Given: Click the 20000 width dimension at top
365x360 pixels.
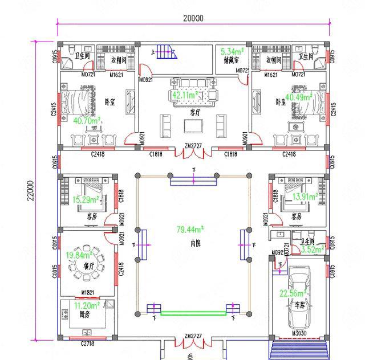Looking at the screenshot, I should tap(193, 18).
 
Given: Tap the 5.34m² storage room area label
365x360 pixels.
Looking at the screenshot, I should tap(232, 51).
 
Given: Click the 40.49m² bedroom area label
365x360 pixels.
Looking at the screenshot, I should tap(298, 97).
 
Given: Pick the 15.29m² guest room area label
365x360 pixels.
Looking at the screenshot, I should tap(78, 200).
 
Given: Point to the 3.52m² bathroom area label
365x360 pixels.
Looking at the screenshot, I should tap(312, 248).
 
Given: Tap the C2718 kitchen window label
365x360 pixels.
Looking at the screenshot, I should tap(87, 344).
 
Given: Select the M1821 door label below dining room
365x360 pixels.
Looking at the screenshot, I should tap(87, 292).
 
